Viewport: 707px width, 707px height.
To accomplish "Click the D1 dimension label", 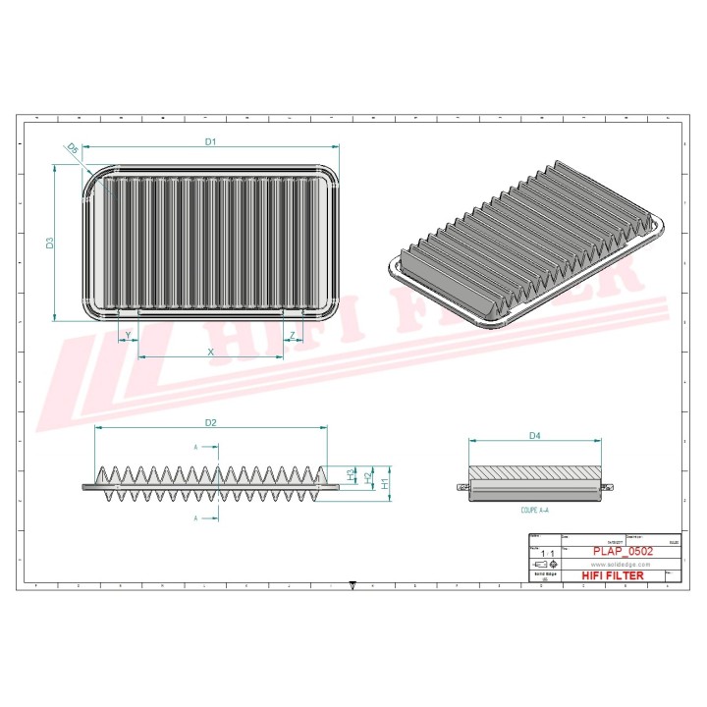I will click(x=210, y=141).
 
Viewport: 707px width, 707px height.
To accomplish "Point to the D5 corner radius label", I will click(x=72, y=148).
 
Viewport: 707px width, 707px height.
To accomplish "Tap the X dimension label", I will click(x=210, y=351).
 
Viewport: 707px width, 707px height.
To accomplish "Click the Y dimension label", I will click(x=129, y=336).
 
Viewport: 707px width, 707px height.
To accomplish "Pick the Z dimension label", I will click(x=292, y=336).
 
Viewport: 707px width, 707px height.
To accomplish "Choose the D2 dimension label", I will click(x=210, y=422).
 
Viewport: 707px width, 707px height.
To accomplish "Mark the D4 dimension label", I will click(x=535, y=434).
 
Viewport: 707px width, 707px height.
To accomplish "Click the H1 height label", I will click(x=386, y=483).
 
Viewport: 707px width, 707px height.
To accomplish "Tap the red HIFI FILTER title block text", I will click(x=614, y=575).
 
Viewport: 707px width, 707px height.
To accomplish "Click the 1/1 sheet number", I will click(x=544, y=554).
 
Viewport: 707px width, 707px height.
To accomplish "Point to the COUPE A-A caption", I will click(x=535, y=512).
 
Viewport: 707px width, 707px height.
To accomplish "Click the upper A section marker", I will click(x=196, y=447).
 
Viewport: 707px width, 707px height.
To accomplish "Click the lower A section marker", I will click(x=196, y=517).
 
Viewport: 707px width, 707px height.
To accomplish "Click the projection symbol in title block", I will click(x=544, y=566).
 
